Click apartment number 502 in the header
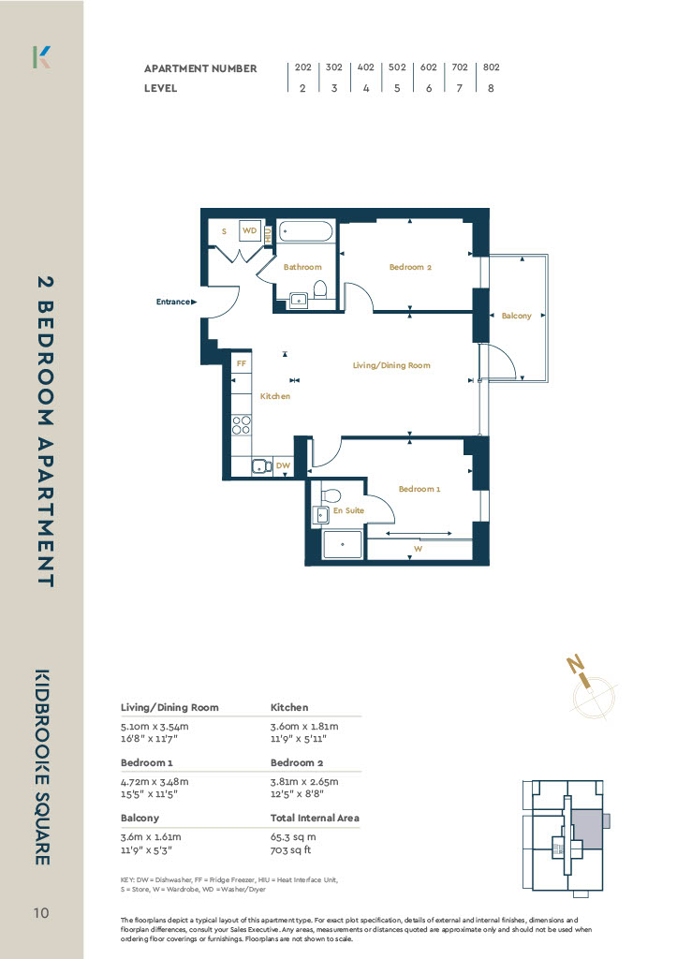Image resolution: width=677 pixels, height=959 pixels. [397, 67]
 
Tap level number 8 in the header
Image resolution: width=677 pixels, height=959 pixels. [491, 88]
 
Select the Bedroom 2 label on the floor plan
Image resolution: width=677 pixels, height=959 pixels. [410, 267]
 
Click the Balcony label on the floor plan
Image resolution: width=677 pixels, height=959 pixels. [516, 316]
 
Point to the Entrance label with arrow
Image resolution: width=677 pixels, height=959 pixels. [176, 302]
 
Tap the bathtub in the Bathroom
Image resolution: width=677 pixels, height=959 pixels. [306, 232]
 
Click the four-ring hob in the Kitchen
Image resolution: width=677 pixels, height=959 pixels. [242, 424]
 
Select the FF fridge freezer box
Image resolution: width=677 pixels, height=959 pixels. [242, 363]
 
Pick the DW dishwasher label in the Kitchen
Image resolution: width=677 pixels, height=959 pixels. [283, 465]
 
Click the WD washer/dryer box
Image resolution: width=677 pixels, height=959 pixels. [249, 230]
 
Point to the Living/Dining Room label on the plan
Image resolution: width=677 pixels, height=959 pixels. [391, 365]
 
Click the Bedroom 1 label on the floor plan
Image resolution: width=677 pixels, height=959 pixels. [419, 489]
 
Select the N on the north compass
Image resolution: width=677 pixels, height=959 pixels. [575, 664]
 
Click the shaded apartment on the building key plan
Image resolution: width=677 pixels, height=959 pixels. [587, 829]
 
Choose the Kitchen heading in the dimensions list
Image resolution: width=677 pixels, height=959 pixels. [289, 707]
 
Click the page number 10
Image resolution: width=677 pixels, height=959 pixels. [41, 913]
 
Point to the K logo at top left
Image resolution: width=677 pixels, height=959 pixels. [41, 57]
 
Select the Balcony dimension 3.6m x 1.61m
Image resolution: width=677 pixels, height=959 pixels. [151, 836]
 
